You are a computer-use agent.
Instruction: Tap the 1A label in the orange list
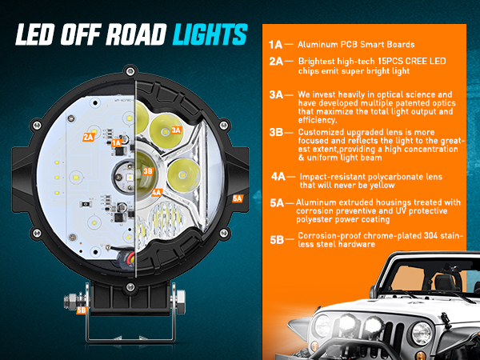(276, 45)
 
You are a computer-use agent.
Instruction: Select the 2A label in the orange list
(276, 60)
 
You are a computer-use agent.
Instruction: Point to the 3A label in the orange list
(276, 94)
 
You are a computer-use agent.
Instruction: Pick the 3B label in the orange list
(276, 132)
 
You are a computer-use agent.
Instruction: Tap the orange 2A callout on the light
(88, 137)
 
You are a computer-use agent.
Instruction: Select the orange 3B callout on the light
(147, 170)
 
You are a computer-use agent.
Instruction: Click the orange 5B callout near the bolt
(81, 310)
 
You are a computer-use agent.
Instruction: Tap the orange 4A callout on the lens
(157, 192)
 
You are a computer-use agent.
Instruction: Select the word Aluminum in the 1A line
(318, 45)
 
